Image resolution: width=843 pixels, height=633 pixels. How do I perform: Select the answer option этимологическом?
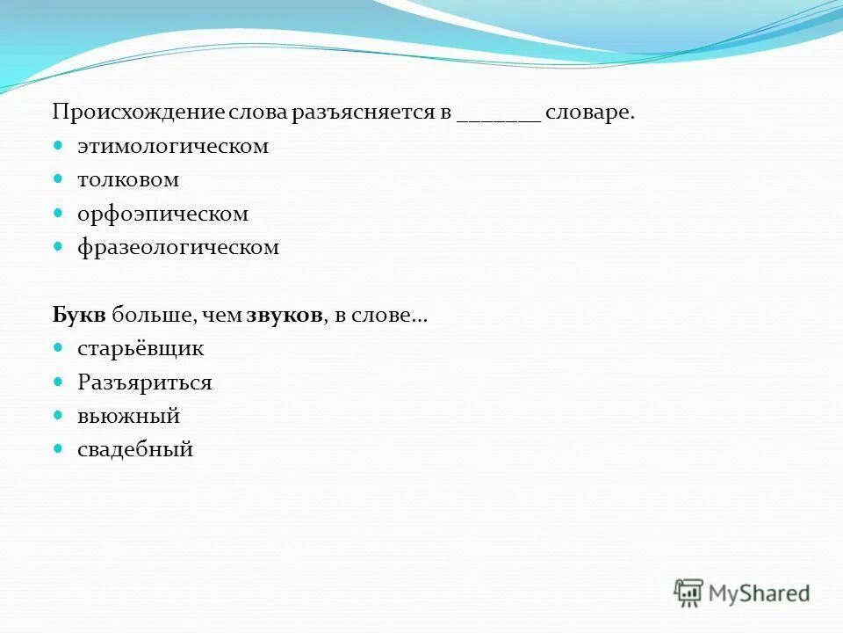point(173,146)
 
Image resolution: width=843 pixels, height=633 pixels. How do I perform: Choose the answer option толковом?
point(128,180)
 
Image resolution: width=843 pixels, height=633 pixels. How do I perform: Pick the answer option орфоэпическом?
point(163,214)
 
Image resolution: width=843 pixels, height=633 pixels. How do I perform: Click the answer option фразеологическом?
point(178,247)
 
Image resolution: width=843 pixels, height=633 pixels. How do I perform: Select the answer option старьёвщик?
point(140,348)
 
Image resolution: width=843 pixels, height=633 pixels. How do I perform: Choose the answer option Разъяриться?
point(145,382)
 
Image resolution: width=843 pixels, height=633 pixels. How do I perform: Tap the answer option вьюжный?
point(128,416)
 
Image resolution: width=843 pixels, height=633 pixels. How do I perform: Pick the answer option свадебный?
point(135,450)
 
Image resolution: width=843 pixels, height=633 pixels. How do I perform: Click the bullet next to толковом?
point(59,179)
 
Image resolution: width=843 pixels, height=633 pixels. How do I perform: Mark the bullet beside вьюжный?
point(59,415)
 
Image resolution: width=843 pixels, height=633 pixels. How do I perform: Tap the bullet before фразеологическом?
point(59,247)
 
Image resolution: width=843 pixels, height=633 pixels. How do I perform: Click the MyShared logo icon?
point(689,593)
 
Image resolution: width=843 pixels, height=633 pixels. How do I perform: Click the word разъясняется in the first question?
point(376,113)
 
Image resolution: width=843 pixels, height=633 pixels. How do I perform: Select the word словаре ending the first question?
point(589,113)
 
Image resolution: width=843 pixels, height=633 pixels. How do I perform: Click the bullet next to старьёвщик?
point(59,348)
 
